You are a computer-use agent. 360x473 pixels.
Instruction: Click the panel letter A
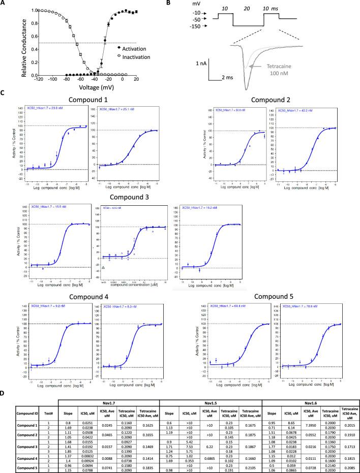(4, 4)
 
